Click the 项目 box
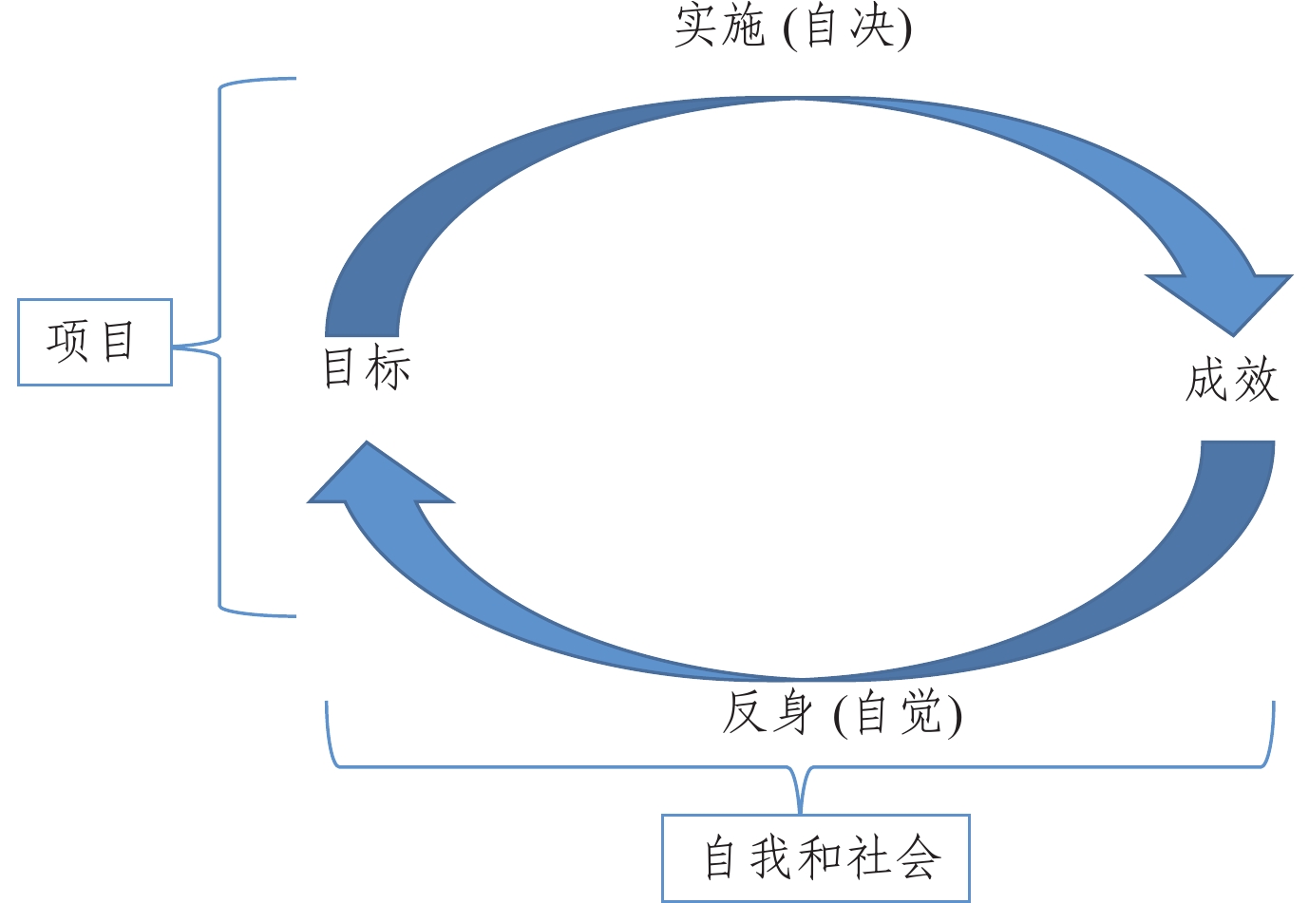(94, 342)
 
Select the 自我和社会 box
(815, 857)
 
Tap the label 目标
(367, 368)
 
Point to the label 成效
(1231, 381)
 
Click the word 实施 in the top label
(719, 26)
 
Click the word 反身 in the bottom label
(767, 713)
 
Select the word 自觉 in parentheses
(899, 713)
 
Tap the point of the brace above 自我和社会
(802, 807)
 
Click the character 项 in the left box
(68, 342)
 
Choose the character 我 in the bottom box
(770, 857)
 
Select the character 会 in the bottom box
(919, 857)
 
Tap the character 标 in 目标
(389, 368)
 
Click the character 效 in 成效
(1256, 381)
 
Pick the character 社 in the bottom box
(869, 857)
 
